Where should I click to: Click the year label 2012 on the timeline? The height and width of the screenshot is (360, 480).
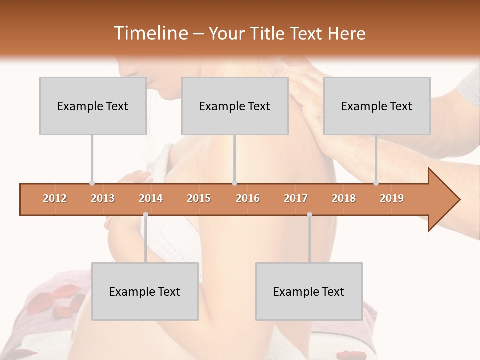[x=55, y=198]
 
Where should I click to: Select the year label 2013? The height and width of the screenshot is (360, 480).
[x=103, y=198]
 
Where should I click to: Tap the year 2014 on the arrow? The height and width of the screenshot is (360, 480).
[x=151, y=198]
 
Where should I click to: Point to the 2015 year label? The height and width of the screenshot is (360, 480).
[x=199, y=198]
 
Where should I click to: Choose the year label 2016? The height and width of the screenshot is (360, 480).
[x=248, y=198]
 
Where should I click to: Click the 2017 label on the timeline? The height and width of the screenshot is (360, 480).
[x=296, y=198]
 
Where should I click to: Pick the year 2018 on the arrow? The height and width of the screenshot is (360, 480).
[x=344, y=198]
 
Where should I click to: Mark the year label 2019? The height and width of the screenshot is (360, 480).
[x=392, y=198]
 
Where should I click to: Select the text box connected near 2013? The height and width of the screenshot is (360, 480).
[x=93, y=106]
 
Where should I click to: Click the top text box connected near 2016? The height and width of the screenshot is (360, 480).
[x=235, y=106]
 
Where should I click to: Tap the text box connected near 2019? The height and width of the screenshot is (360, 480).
[x=377, y=106]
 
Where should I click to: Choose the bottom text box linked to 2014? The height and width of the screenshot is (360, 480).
[x=145, y=291]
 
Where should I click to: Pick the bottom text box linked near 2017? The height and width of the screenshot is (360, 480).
[x=309, y=291]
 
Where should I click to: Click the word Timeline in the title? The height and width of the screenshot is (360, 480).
[x=150, y=33]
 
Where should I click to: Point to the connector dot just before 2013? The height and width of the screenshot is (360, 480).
[x=92, y=183]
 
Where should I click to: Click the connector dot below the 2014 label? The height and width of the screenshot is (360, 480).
[x=145, y=214]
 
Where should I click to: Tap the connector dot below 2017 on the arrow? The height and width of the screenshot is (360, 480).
[x=309, y=214]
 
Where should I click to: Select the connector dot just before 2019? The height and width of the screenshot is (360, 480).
[x=376, y=183]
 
